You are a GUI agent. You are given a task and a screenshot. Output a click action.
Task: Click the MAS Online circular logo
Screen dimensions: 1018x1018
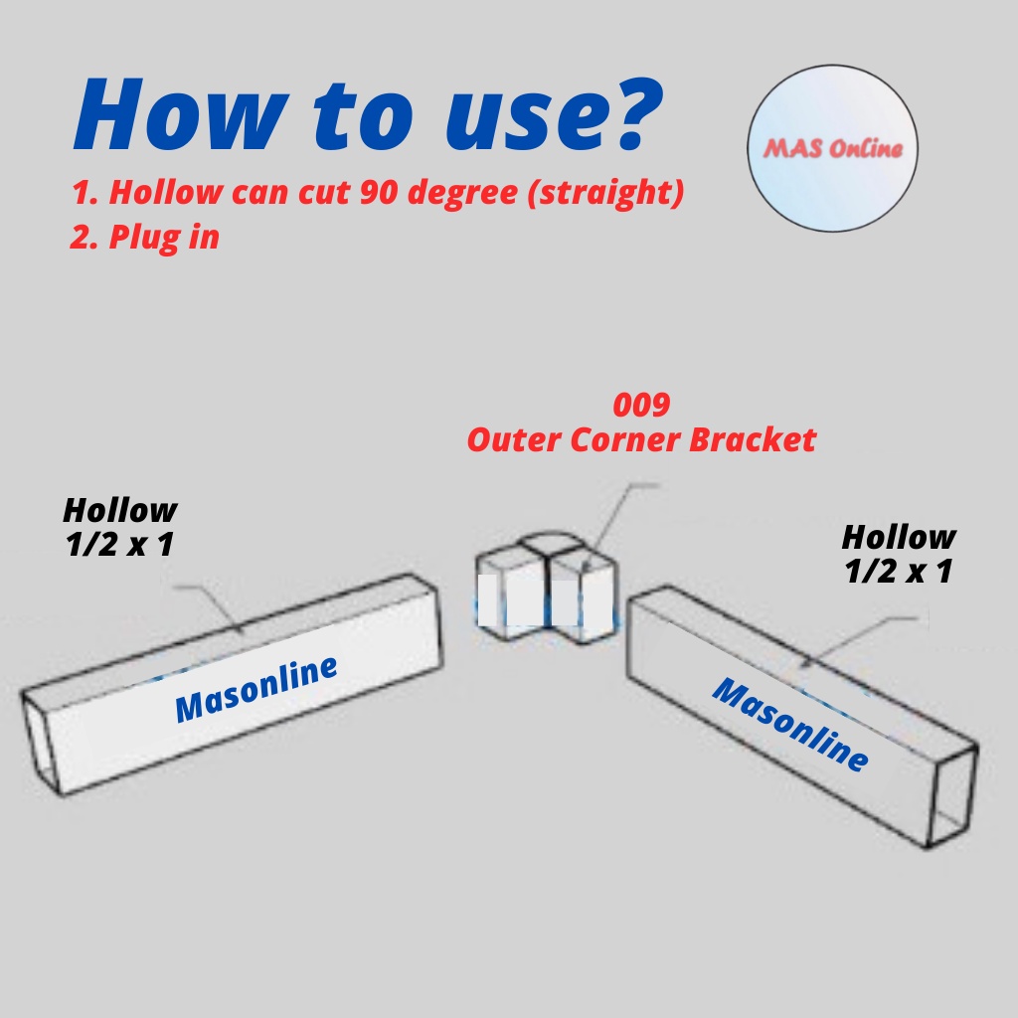point(832,150)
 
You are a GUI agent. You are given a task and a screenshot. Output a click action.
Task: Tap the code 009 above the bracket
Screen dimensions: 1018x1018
point(641,406)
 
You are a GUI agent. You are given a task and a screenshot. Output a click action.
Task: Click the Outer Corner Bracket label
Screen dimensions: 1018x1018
point(641,438)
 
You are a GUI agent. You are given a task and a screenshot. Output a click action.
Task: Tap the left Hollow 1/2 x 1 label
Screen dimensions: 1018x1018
point(119,527)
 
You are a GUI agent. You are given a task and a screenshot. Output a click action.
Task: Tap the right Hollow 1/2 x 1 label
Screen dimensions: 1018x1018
point(899,554)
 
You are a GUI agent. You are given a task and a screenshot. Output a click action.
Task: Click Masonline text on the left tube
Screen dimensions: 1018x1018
point(255,688)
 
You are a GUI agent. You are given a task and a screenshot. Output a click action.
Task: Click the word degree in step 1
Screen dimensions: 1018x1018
point(455,193)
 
